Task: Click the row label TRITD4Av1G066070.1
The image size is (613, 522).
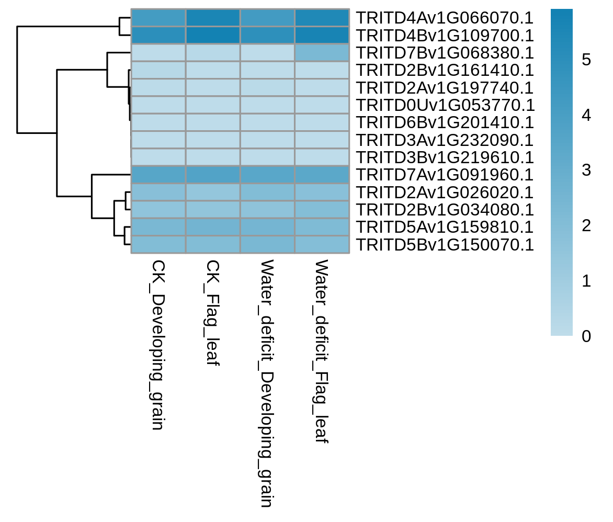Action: point(445,18)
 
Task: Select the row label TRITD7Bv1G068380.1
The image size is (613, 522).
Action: point(445,53)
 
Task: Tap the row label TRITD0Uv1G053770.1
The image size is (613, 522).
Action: point(445,105)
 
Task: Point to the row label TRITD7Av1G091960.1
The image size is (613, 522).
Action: point(445,175)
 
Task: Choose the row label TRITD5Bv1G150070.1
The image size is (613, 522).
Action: point(445,245)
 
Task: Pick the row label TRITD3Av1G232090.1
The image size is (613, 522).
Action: point(445,140)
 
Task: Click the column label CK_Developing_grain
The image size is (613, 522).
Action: point(158,345)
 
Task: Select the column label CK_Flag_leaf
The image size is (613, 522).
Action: point(213,313)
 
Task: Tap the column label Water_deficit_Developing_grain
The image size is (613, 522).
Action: point(267,383)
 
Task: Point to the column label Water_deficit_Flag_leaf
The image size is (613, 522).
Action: point(322,351)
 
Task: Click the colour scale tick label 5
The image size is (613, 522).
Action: point(586,60)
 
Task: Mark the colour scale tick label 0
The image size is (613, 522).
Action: point(586,336)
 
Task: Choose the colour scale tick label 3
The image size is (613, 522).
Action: point(586,170)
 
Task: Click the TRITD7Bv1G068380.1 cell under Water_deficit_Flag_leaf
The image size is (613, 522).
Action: point(322,53)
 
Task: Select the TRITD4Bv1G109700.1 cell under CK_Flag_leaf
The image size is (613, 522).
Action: point(213,35)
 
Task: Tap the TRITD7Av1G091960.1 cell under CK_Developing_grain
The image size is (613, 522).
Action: point(158,175)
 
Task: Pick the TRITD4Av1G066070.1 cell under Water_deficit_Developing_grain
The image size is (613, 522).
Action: point(267,18)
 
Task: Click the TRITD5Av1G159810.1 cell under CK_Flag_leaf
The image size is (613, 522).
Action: point(213,227)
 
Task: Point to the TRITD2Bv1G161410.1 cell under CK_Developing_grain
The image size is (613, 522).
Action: point(158,70)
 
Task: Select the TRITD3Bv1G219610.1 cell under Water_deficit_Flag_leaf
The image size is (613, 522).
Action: point(322,157)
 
